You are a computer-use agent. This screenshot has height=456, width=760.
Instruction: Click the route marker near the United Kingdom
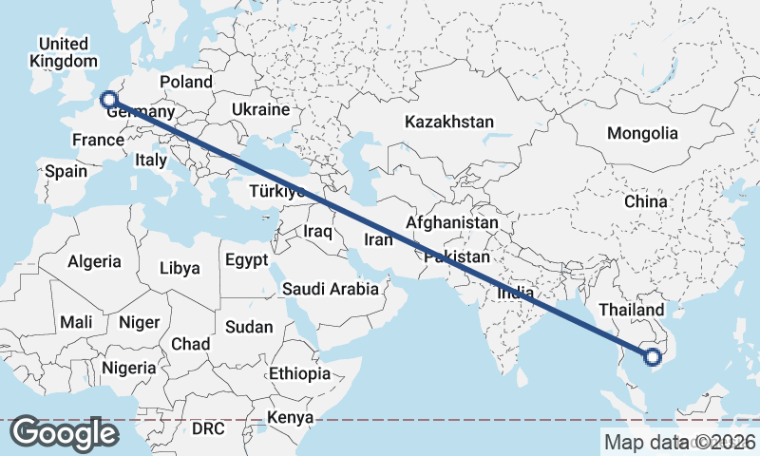point(108,98)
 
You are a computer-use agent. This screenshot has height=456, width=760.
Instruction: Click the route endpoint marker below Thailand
point(652,357)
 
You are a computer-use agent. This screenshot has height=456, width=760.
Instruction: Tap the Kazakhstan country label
point(449,123)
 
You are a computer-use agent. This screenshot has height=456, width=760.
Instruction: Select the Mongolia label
point(643,133)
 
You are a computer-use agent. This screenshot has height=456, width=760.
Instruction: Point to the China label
point(647,202)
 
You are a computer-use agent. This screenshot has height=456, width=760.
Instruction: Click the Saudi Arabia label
point(331,288)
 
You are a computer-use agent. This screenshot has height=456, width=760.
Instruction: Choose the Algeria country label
point(95,261)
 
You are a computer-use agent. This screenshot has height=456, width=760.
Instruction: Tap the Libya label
point(180,268)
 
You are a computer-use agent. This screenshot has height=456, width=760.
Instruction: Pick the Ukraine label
point(259,109)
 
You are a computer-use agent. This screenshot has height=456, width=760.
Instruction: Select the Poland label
point(186,83)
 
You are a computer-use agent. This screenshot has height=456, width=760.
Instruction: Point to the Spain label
point(66,172)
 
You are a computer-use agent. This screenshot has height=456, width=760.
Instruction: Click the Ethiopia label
point(299,373)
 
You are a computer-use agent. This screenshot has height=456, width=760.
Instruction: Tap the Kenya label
point(290,418)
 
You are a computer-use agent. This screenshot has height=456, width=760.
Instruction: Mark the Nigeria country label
point(128,368)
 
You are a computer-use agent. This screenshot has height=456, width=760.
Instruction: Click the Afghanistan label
point(451,222)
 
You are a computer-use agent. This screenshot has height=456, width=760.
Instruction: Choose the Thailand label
point(632,311)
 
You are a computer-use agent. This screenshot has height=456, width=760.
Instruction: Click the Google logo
point(65,433)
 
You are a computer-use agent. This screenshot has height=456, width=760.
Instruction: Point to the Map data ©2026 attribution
point(680,441)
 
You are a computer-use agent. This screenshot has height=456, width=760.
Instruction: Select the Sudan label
point(249,327)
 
